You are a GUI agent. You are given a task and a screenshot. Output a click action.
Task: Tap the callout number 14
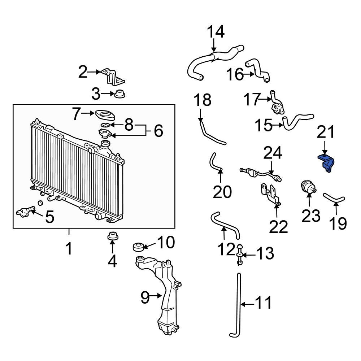click(216, 32)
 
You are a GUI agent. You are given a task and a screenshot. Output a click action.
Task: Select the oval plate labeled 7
click(105, 115)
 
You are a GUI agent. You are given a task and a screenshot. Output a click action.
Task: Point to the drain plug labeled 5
click(25, 211)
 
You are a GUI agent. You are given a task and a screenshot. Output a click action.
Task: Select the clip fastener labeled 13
click(240, 255)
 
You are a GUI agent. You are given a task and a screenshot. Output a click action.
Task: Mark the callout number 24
click(273, 153)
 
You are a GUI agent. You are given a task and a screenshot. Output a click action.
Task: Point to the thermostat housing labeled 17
click(277, 103)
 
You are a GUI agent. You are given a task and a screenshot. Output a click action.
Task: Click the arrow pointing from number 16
click(249, 74)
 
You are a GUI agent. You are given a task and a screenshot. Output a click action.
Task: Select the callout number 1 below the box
click(69, 248)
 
